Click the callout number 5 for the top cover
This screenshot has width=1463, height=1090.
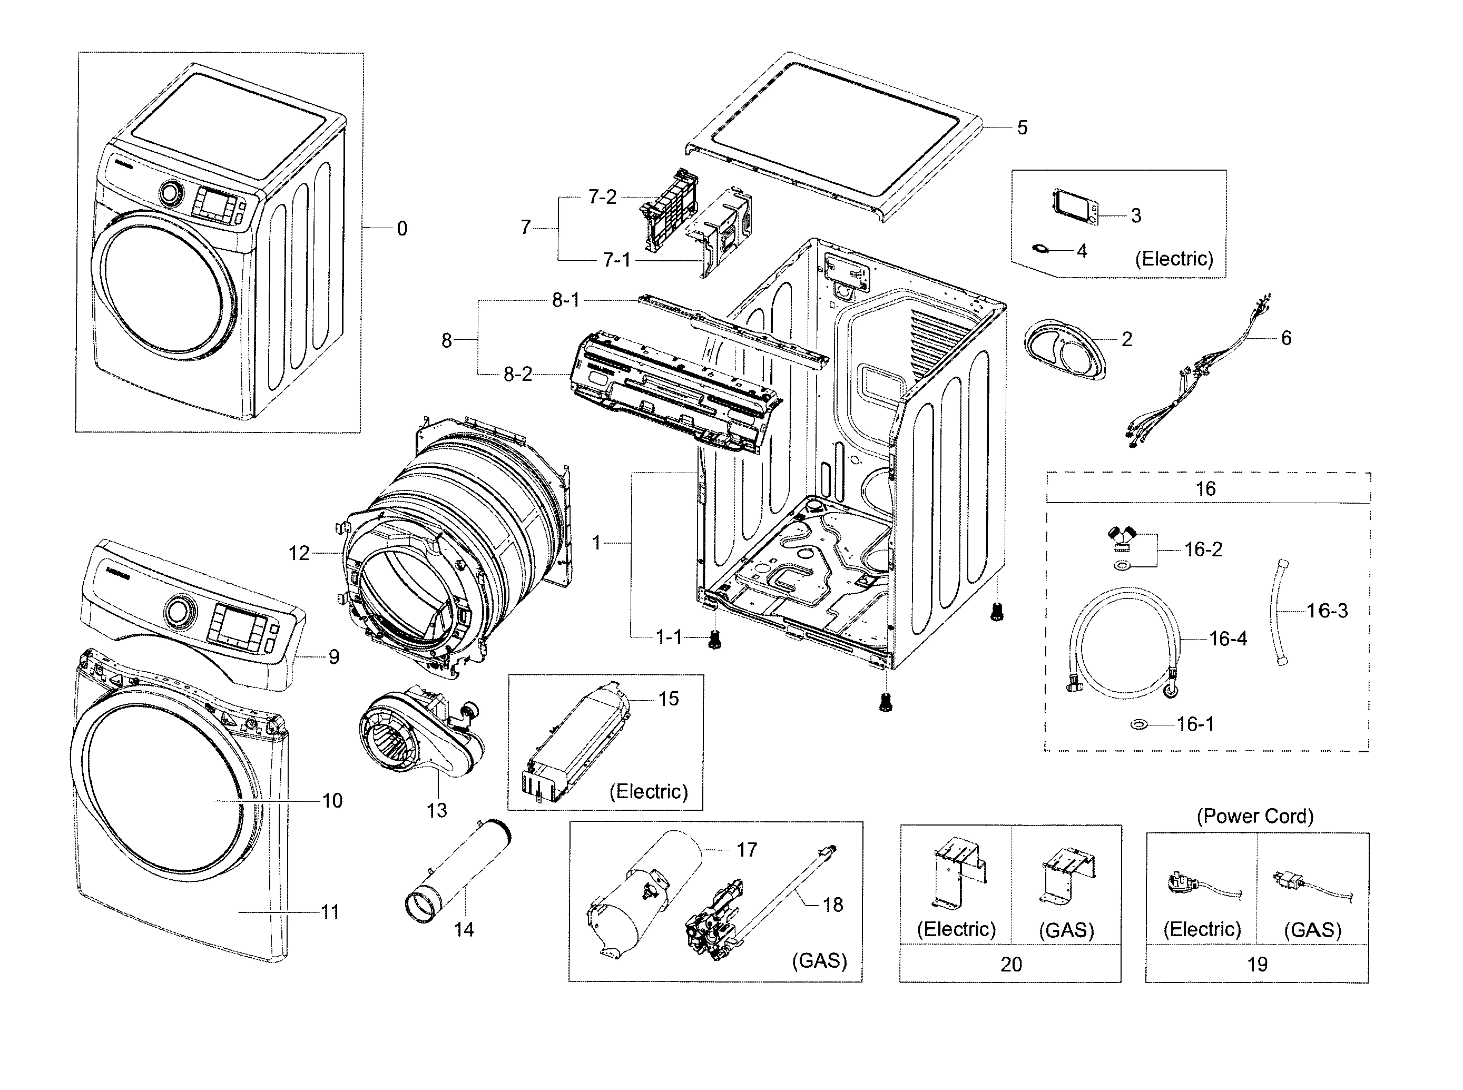click(x=1022, y=128)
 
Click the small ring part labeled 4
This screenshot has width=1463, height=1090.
click(x=1040, y=249)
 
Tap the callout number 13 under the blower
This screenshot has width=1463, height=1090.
click(x=436, y=810)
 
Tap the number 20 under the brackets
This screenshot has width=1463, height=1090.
click(x=1010, y=964)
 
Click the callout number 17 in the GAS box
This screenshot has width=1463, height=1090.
click(x=747, y=850)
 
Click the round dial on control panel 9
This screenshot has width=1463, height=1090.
click(x=177, y=612)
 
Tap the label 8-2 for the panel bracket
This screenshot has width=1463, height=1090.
click(x=517, y=375)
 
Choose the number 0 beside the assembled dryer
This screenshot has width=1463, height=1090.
click(x=401, y=229)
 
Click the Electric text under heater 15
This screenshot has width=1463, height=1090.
click(x=648, y=792)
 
